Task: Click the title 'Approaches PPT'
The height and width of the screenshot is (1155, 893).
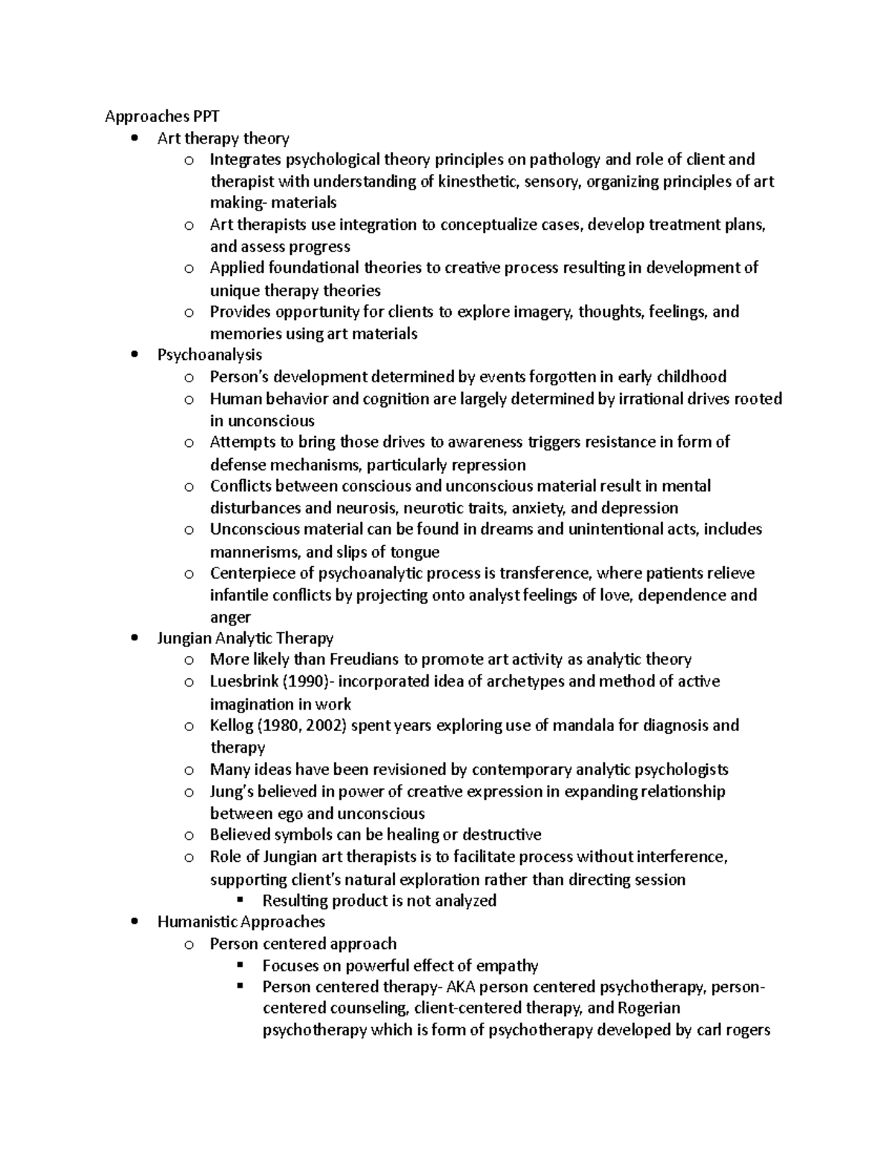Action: [162, 116]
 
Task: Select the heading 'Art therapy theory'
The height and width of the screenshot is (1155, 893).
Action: [223, 138]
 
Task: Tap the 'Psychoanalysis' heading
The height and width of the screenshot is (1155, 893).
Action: [210, 355]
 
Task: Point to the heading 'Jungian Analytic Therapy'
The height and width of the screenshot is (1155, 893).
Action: [246, 638]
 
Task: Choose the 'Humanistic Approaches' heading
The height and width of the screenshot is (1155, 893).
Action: [241, 922]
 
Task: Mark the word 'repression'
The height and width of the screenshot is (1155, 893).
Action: [489, 465]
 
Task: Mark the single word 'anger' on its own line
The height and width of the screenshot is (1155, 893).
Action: [230, 617]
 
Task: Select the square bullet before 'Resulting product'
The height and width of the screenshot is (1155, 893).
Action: [240, 901]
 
